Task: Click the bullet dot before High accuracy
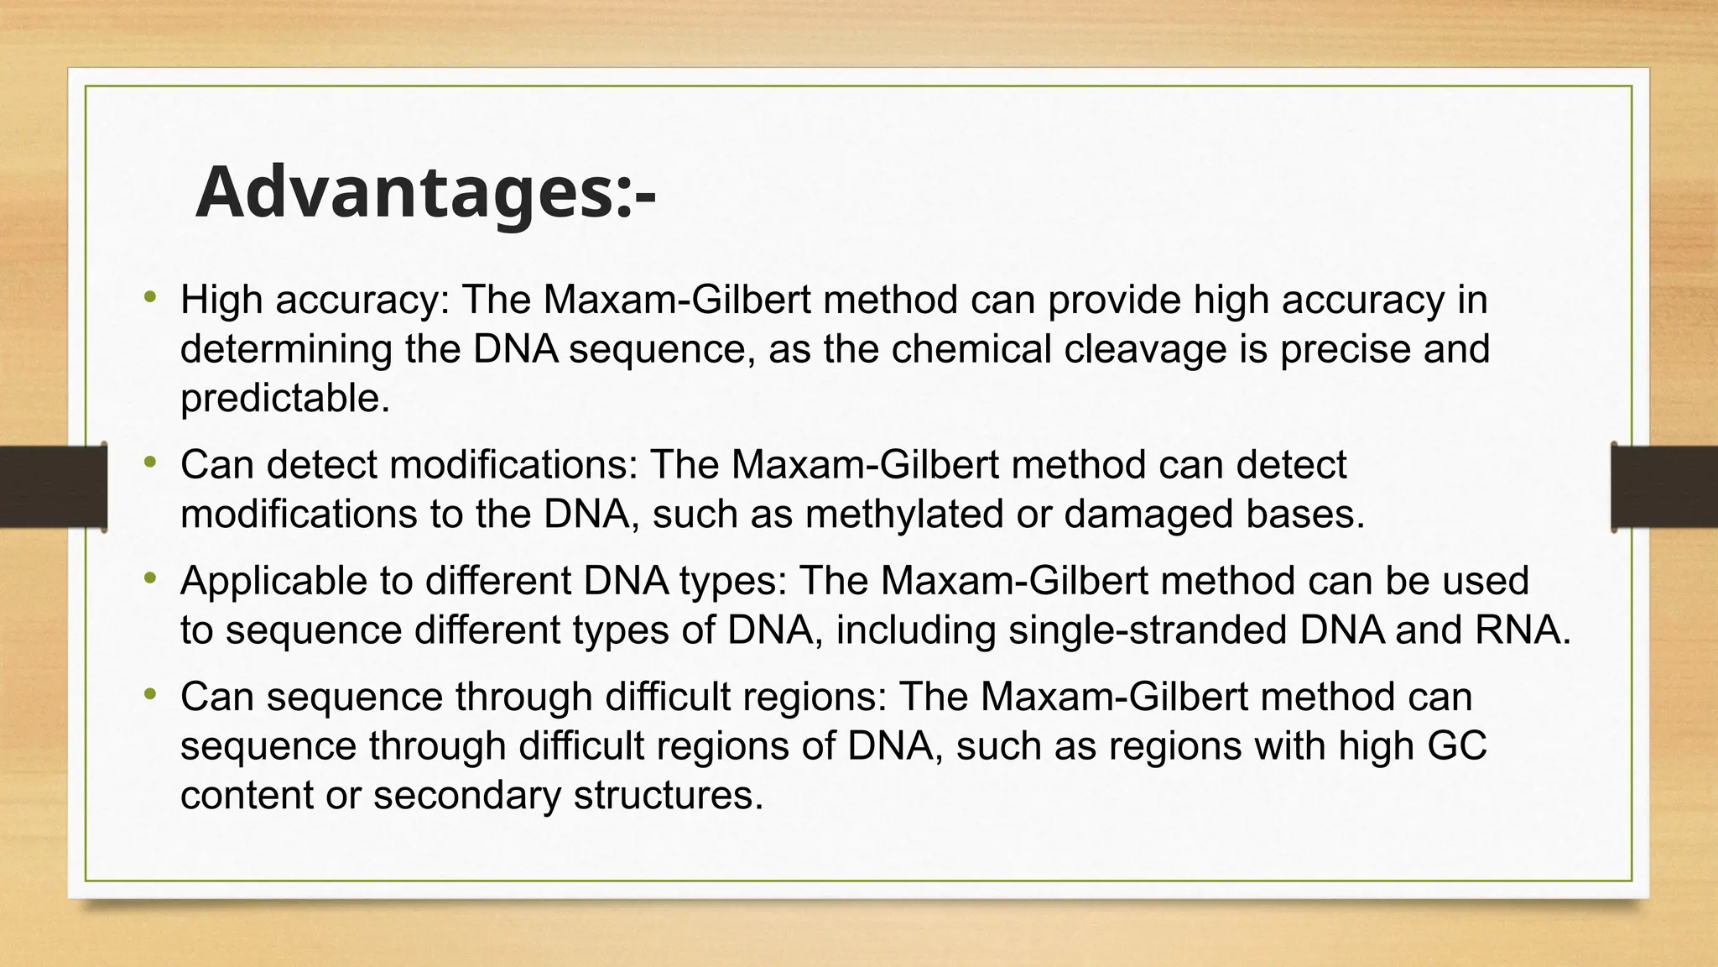(x=150, y=295)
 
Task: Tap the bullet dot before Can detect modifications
(x=150, y=461)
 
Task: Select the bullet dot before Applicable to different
(x=150, y=577)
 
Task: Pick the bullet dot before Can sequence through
(x=150, y=693)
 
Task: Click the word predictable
(x=284, y=398)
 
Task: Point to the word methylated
(x=903, y=514)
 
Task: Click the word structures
(x=668, y=794)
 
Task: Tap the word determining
(x=285, y=349)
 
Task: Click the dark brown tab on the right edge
(x=1664, y=487)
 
